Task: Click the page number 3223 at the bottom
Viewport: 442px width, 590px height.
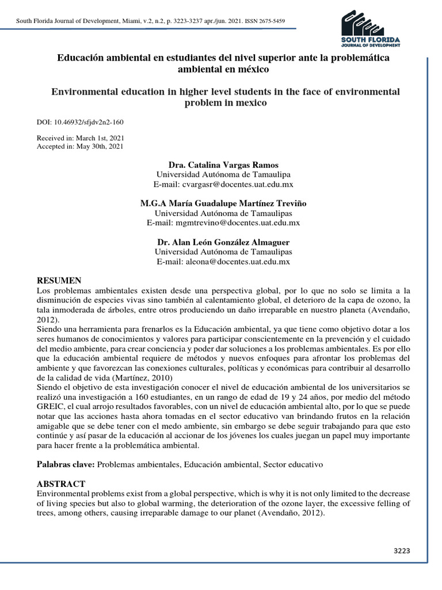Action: [401, 550]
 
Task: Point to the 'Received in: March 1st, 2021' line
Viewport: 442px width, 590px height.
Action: [80, 138]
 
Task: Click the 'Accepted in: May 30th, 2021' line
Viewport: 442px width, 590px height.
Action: [80, 146]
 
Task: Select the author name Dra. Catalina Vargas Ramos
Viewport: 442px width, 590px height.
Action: [223, 165]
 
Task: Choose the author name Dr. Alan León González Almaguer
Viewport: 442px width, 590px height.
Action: [223, 242]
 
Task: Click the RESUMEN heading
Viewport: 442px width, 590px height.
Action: [59, 280]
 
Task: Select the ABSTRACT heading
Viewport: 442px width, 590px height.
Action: [61, 483]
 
